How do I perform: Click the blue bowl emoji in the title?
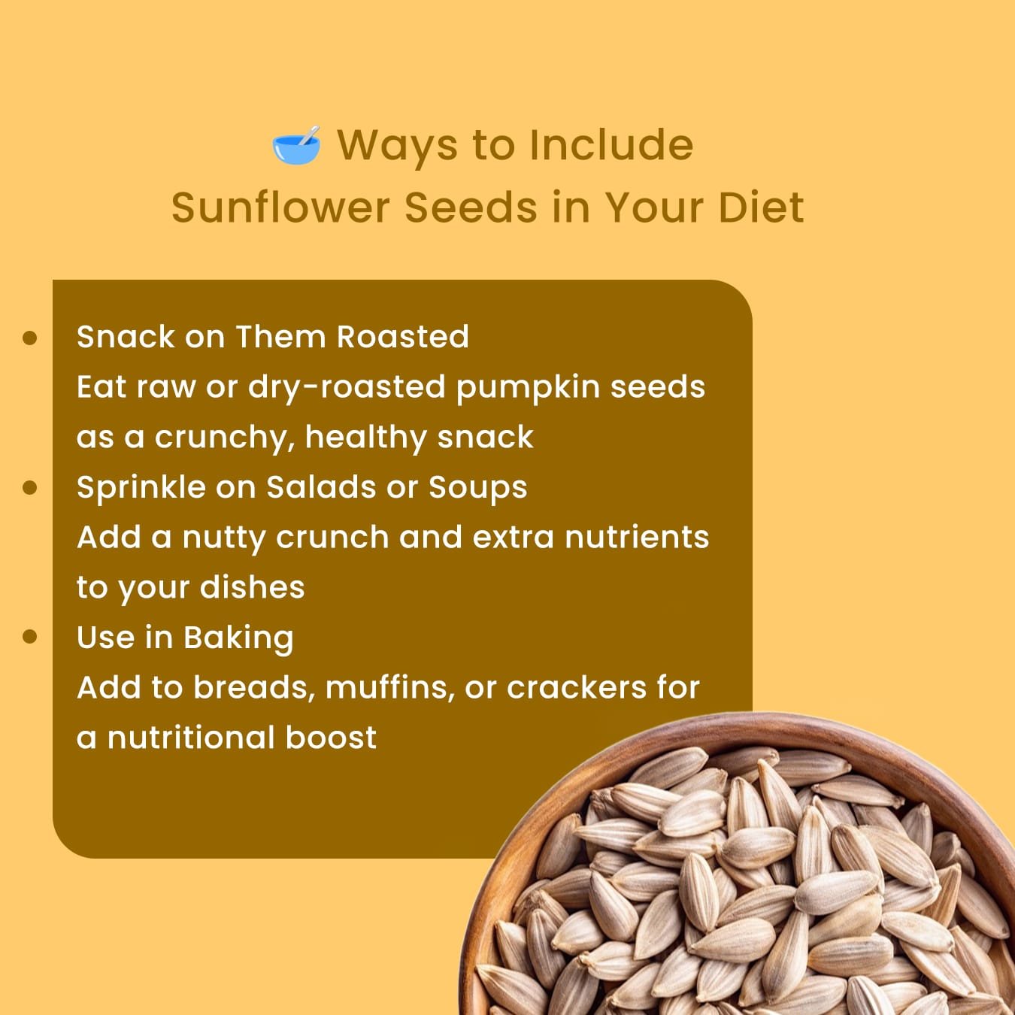[296, 145]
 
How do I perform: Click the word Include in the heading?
[611, 144]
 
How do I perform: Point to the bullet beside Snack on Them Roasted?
[30, 338]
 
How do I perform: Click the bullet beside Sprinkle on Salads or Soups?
[30, 487]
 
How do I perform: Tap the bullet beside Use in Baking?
[30, 637]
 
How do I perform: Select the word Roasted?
[403, 337]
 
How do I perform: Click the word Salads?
[321, 487]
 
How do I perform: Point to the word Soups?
[477, 488]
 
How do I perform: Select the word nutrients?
[637, 538]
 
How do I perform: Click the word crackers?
[577, 688]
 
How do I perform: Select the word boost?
[332, 738]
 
